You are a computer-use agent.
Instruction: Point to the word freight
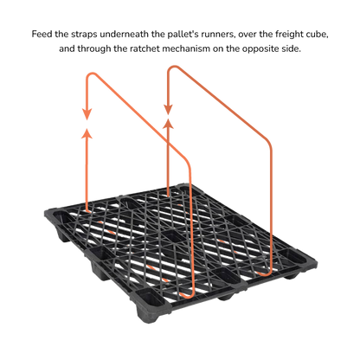tap(291, 35)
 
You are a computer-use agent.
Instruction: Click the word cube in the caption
tap(318, 35)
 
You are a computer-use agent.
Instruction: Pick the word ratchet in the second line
tap(145, 48)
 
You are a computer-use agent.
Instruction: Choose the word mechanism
tap(186, 48)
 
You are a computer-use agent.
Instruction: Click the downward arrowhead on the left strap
tap(87, 114)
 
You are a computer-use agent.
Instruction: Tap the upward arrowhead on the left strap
tap(87, 134)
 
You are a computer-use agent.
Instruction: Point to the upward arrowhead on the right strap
tap(168, 123)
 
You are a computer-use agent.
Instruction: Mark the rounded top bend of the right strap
tap(172, 67)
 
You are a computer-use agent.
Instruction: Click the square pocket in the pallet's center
tap(173, 236)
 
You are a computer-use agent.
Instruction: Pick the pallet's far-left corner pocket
tap(59, 215)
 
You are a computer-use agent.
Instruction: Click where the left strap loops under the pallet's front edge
tap(185, 295)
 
